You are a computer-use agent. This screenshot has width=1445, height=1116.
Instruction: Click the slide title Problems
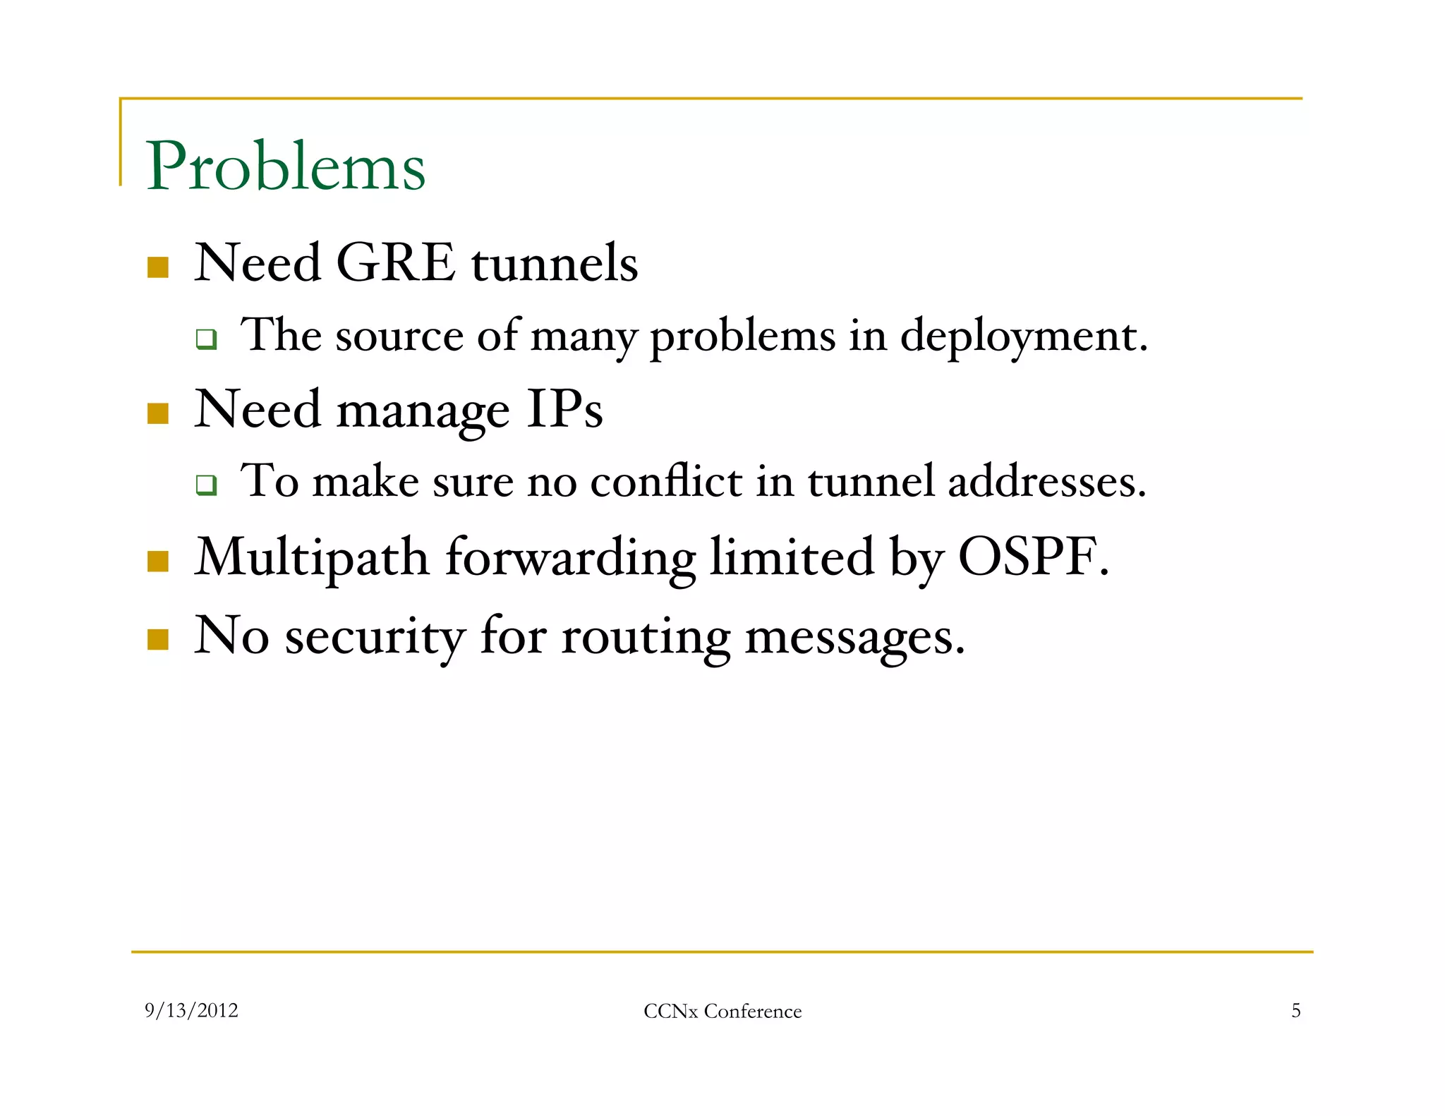pos(286,166)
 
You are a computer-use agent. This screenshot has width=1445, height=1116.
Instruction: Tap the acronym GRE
pos(396,262)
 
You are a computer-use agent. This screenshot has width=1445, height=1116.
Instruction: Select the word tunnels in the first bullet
pos(555,264)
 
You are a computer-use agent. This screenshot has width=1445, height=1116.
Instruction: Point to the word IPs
pos(564,409)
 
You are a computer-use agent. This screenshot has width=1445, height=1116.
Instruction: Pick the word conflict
pos(666,482)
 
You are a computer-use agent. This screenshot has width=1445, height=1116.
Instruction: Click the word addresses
pos(1046,482)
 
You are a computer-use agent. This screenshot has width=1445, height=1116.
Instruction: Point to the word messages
pos(854,637)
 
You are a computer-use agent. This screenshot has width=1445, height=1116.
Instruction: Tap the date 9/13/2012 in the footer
pos(191,1011)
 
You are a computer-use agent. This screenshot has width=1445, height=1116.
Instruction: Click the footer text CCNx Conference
pos(722,1012)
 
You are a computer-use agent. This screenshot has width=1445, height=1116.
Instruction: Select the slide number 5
pos(1295,1011)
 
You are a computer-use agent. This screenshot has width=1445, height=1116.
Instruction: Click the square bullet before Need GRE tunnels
pos(158,267)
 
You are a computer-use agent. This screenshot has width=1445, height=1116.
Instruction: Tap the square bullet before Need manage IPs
pos(158,413)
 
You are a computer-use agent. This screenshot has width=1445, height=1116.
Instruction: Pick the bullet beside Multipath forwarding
pos(158,562)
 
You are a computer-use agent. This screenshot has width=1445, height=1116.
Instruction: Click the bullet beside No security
pos(158,639)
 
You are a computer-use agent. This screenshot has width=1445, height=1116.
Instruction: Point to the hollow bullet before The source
pos(206,340)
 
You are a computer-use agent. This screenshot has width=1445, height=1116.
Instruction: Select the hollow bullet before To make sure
pos(206,485)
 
